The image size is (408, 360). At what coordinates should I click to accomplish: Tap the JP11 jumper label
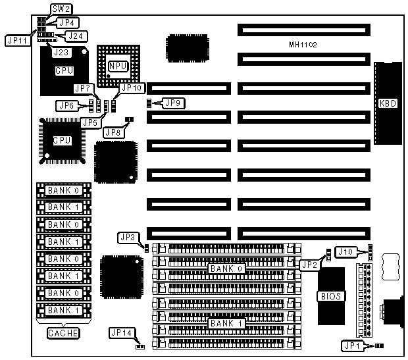[x=16, y=39]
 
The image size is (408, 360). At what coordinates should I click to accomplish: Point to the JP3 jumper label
[x=128, y=237]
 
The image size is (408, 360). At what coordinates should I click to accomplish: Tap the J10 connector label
[x=346, y=251]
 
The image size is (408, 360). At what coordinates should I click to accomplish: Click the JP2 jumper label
[x=309, y=265]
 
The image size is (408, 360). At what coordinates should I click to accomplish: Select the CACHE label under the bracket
[x=63, y=333]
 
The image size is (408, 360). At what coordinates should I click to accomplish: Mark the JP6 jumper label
[x=66, y=105]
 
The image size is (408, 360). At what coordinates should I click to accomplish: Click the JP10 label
[x=131, y=88]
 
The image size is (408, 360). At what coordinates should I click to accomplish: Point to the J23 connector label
[x=61, y=51]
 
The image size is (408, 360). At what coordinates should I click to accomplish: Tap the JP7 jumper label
[x=83, y=88]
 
